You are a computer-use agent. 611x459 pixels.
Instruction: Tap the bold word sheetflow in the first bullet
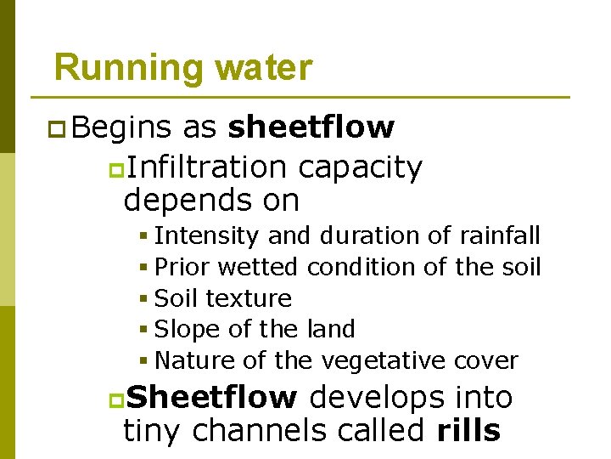click(311, 127)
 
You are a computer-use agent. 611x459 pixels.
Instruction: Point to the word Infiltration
click(207, 167)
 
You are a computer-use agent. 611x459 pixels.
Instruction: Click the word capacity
click(360, 168)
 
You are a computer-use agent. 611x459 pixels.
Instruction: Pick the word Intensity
click(207, 235)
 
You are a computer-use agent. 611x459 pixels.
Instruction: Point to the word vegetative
click(382, 360)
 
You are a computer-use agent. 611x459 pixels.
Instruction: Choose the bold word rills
click(468, 430)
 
